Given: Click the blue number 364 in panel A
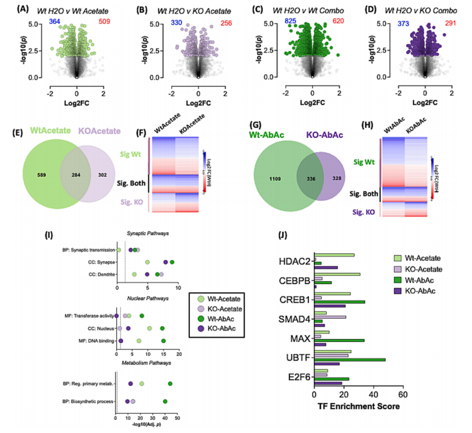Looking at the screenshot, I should point(39,22).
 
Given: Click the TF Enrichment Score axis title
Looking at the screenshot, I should point(359,406).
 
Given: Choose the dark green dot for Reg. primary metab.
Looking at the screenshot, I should point(170,384).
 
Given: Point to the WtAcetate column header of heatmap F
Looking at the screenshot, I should point(162,126).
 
